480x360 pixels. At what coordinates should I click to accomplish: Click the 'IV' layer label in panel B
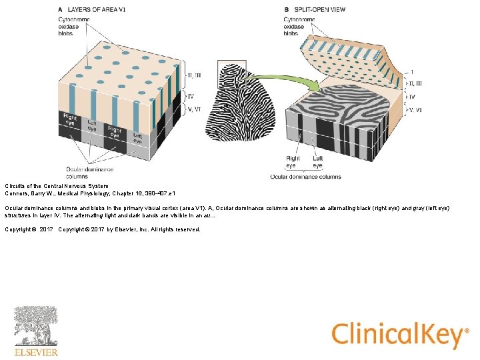point(411,97)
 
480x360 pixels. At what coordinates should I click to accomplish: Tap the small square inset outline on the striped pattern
point(227,73)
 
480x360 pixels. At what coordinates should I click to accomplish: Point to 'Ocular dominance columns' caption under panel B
point(305,177)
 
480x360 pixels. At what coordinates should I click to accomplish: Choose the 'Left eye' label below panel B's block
point(317,162)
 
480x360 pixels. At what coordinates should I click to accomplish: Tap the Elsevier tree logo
point(36,326)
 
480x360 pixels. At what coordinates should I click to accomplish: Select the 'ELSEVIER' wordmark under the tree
point(36,352)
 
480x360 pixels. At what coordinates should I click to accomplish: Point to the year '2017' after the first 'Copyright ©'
point(46,229)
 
